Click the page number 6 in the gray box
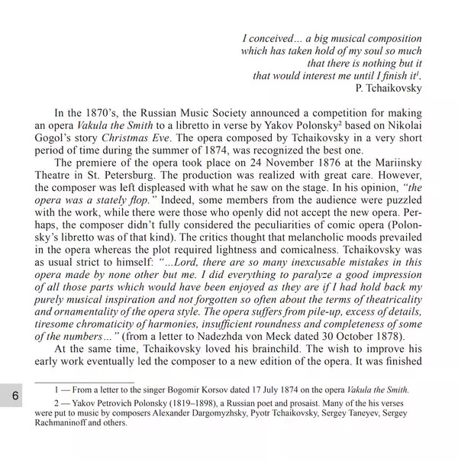coord(15,396)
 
